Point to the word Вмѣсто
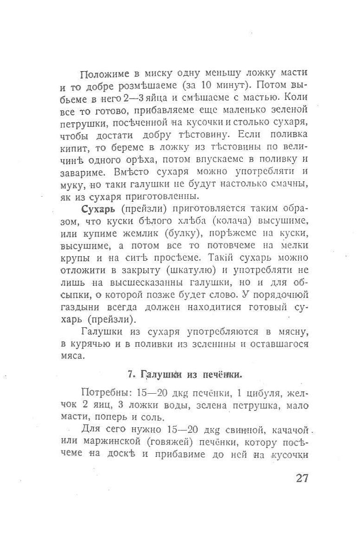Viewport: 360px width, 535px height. coord(130,171)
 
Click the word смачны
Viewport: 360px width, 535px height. coord(290,184)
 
